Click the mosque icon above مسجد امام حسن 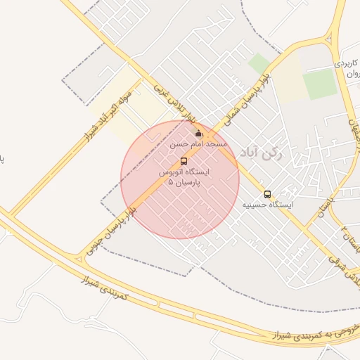click(x=198, y=134)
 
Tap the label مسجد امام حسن click(x=198, y=143)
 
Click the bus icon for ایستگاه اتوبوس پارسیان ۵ click(x=184, y=161)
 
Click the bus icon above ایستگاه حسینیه click(x=267, y=194)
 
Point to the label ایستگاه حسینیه click(x=267, y=205)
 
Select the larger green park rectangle click(x=320, y=84)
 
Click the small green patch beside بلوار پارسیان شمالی click(x=259, y=63)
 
